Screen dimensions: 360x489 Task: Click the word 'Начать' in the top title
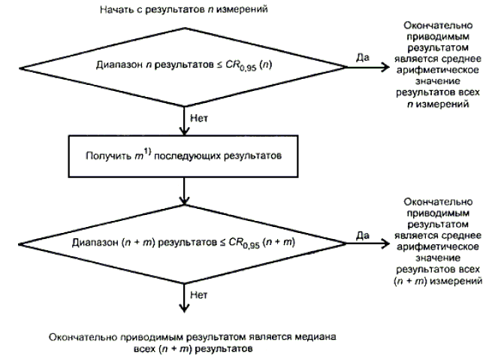coord(113,9)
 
